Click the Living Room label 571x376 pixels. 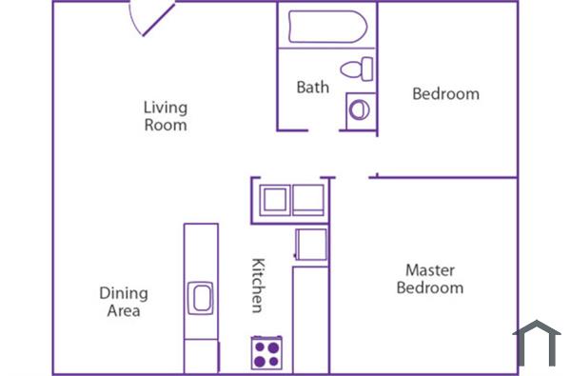tap(165, 115)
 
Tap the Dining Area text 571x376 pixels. tap(123, 302)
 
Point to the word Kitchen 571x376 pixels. tap(257, 285)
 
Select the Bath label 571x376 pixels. tap(312, 88)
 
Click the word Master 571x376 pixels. tap(430, 270)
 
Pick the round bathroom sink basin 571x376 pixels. tap(359, 109)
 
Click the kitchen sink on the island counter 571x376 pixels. tap(201, 298)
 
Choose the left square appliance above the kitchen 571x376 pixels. tap(274, 200)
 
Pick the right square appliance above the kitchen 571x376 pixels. tap(308, 200)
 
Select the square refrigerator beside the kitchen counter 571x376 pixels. tap(311, 244)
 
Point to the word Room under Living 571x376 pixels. tap(166, 125)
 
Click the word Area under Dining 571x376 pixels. tap(124, 311)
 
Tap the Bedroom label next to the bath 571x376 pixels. tap(444, 94)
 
